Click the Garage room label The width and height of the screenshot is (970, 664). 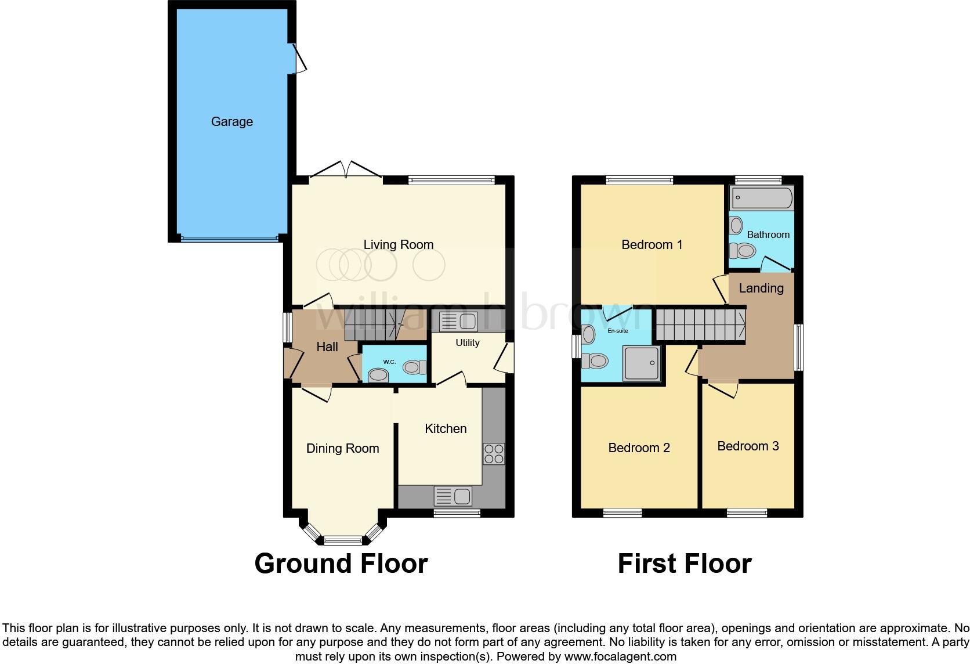(x=231, y=121)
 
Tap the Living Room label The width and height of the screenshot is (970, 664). (x=398, y=244)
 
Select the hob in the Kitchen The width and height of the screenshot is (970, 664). (x=494, y=453)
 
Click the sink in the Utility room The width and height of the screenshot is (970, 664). (x=458, y=321)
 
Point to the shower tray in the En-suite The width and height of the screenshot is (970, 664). (x=641, y=363)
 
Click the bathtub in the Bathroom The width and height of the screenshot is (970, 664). (x=761, y=198)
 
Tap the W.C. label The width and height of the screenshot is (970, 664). (x=389, y=362)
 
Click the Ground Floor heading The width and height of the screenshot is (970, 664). (x=341, y=564)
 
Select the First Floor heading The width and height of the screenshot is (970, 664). (x=684, y=564)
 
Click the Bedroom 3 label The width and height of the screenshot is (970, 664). (x=748, y=446)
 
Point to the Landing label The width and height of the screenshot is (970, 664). (x=761, y=288)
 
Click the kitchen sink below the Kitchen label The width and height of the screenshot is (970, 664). (x=453, y=496)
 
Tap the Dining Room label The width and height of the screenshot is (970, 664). (x=342, y=448)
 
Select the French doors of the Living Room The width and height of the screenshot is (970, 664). (x=346, y=171)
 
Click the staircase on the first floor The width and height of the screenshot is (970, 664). (x=700, y=325)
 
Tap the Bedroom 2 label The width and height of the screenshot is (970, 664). (x=639, y=448)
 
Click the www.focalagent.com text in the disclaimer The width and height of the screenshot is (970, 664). (x=620, y=656)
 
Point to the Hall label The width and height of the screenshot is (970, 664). (x=327, y=347)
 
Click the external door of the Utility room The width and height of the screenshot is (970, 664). (x=505, y=358)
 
